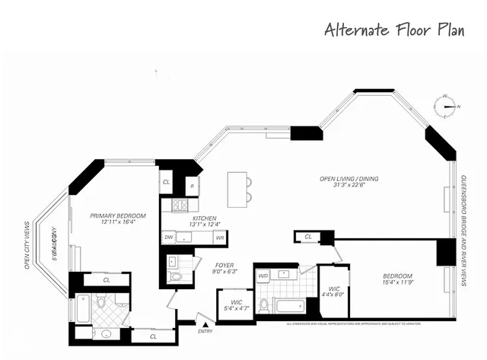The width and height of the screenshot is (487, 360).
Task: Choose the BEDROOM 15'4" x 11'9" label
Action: pos(397,279)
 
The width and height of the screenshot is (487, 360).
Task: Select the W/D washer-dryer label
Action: pos(263,276)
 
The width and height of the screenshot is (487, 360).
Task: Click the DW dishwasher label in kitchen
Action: pos(168,238)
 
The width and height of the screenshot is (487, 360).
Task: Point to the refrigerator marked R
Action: pos(192,185)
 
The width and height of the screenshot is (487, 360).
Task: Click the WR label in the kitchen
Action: pos(219,238)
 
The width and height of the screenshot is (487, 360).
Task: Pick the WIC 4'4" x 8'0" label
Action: pos(335,293)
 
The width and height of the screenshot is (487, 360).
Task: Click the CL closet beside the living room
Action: pos(308,237)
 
